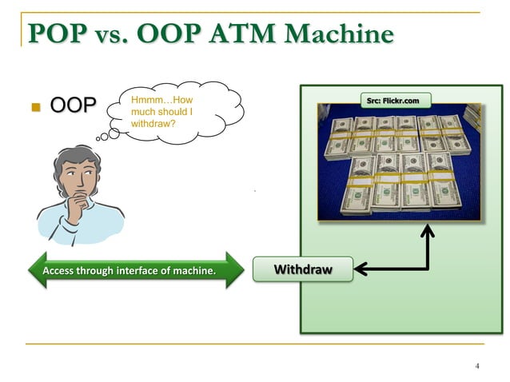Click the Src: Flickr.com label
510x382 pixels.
point(397,100)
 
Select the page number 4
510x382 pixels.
point(476,366)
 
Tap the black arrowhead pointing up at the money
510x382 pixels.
point(428,230)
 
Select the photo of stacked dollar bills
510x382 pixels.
point(398,164)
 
